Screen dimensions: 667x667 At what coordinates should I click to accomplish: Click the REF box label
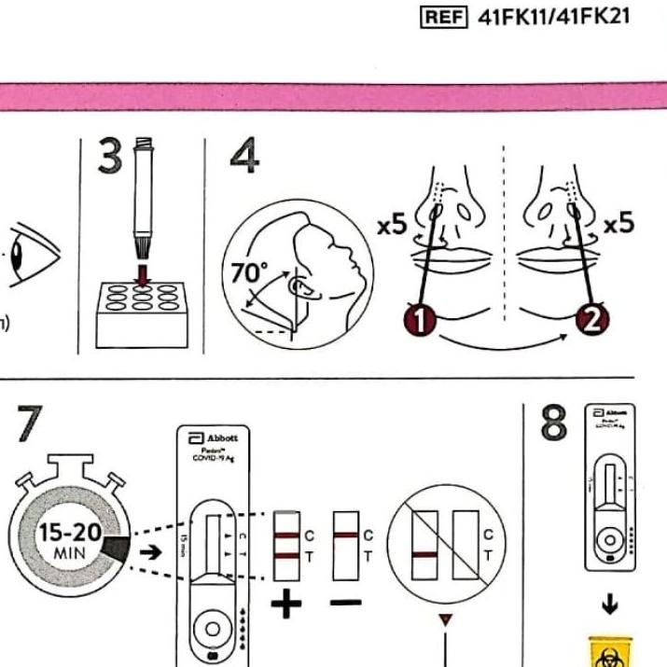click(x=444, y=17)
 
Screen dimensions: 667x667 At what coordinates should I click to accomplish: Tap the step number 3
click(x=110, y=158)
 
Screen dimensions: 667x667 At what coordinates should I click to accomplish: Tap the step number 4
click(x=243, y=157)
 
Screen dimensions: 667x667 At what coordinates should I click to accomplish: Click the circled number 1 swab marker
click(x=421, y=321)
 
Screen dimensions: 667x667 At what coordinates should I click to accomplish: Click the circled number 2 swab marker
click(x=592, y=321)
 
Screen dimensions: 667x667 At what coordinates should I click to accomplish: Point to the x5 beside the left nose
click(x=392, y=225)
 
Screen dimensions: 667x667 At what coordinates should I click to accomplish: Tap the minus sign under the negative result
click(x=345, y=603)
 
